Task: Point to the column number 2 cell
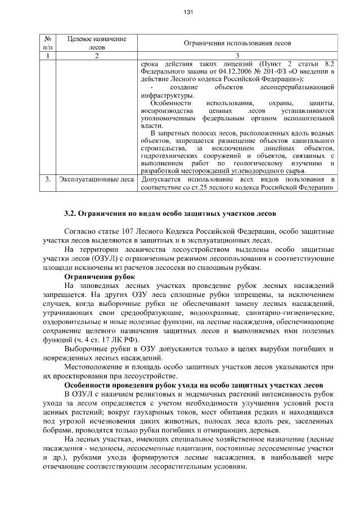(97, 55)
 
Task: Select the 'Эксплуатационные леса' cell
(97, 179)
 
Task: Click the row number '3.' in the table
(48, 179)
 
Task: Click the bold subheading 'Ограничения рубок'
(99, 277)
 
